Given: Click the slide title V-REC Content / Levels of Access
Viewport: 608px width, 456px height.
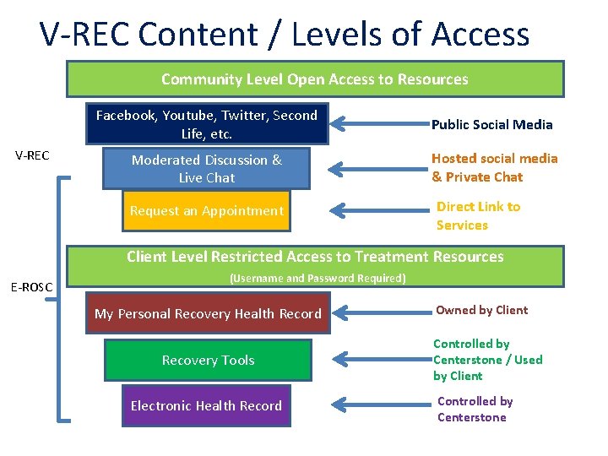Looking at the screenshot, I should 285,35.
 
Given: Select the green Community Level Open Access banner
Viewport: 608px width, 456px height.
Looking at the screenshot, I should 315,79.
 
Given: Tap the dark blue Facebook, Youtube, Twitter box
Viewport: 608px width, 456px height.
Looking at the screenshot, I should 206,124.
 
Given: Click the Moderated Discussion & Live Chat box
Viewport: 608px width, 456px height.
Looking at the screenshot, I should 207,168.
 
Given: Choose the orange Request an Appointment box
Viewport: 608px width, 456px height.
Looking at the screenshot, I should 206,211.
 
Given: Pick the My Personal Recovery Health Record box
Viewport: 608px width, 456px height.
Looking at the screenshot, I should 208,313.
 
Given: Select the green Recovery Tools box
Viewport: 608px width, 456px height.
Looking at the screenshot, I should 209,360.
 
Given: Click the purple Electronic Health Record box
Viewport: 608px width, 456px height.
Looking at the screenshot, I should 206,405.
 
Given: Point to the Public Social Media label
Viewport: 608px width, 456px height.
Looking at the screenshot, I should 491,125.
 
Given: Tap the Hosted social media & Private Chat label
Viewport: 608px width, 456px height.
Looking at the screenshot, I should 494,167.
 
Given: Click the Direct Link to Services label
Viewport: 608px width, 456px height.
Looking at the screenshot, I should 478,215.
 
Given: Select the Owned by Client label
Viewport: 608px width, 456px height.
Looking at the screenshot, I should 481,310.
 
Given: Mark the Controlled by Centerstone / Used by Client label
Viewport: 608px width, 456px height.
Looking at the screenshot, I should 487,360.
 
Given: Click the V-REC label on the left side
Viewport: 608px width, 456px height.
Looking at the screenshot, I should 33,155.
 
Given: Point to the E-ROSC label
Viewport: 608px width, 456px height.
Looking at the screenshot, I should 31,287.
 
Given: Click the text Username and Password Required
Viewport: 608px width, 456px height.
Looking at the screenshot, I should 318,279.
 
